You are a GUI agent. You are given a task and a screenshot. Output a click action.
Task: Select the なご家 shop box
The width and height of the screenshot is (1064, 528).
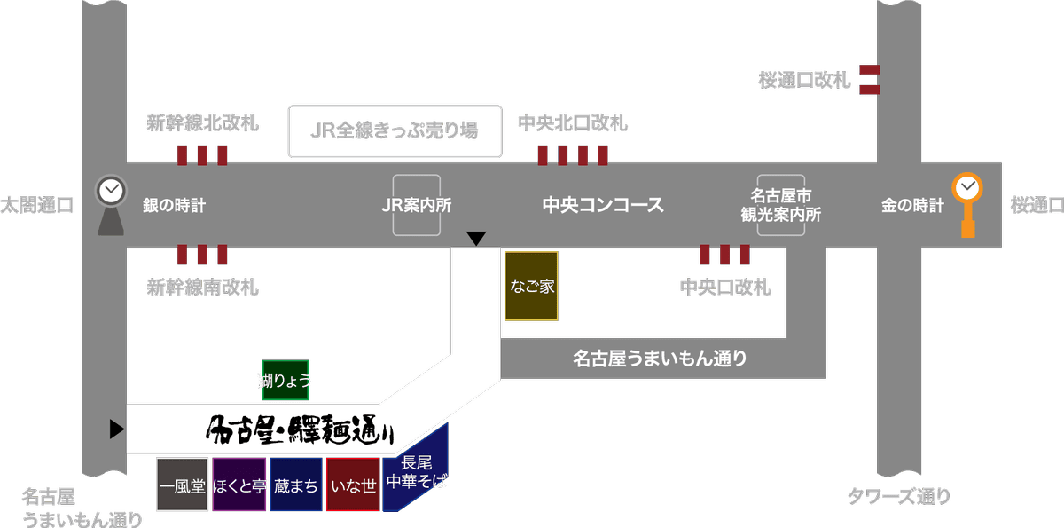(531, 286)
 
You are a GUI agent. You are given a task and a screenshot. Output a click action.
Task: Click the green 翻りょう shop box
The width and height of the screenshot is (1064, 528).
(285, 380)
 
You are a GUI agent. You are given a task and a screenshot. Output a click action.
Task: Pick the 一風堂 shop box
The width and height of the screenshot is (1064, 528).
(183, 485)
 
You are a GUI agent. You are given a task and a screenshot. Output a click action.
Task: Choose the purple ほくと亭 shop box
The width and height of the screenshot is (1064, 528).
(239, 485)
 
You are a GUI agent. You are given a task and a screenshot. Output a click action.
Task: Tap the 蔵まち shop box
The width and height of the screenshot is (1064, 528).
(296, 485)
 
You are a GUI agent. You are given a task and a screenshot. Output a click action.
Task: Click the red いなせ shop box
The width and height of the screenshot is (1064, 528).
(353, 485)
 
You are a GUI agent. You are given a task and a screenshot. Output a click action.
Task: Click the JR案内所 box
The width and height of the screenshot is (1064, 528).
(417, 206)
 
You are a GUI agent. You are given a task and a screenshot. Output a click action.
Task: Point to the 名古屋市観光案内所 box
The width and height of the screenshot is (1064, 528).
(781, 205)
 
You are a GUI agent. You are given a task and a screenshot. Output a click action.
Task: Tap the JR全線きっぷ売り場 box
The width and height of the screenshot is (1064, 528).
(395, 132)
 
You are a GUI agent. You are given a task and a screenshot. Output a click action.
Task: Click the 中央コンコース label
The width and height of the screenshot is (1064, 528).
(603, 206)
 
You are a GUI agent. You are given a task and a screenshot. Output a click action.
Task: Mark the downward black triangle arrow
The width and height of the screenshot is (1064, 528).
(476, 238)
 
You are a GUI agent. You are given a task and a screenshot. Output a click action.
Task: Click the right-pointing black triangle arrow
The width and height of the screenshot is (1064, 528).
(116, 429)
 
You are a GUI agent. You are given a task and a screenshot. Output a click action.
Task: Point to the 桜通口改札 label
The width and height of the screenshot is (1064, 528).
(804, 81)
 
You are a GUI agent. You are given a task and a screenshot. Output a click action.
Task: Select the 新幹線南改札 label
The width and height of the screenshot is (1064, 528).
(202, 288)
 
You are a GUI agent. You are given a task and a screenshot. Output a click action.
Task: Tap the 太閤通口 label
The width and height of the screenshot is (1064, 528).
(37, 206)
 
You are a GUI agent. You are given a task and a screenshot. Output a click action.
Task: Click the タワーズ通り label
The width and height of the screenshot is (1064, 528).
(898, 497)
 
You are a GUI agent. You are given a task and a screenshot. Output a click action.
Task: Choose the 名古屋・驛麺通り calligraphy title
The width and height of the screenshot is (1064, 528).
(299, 431)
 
